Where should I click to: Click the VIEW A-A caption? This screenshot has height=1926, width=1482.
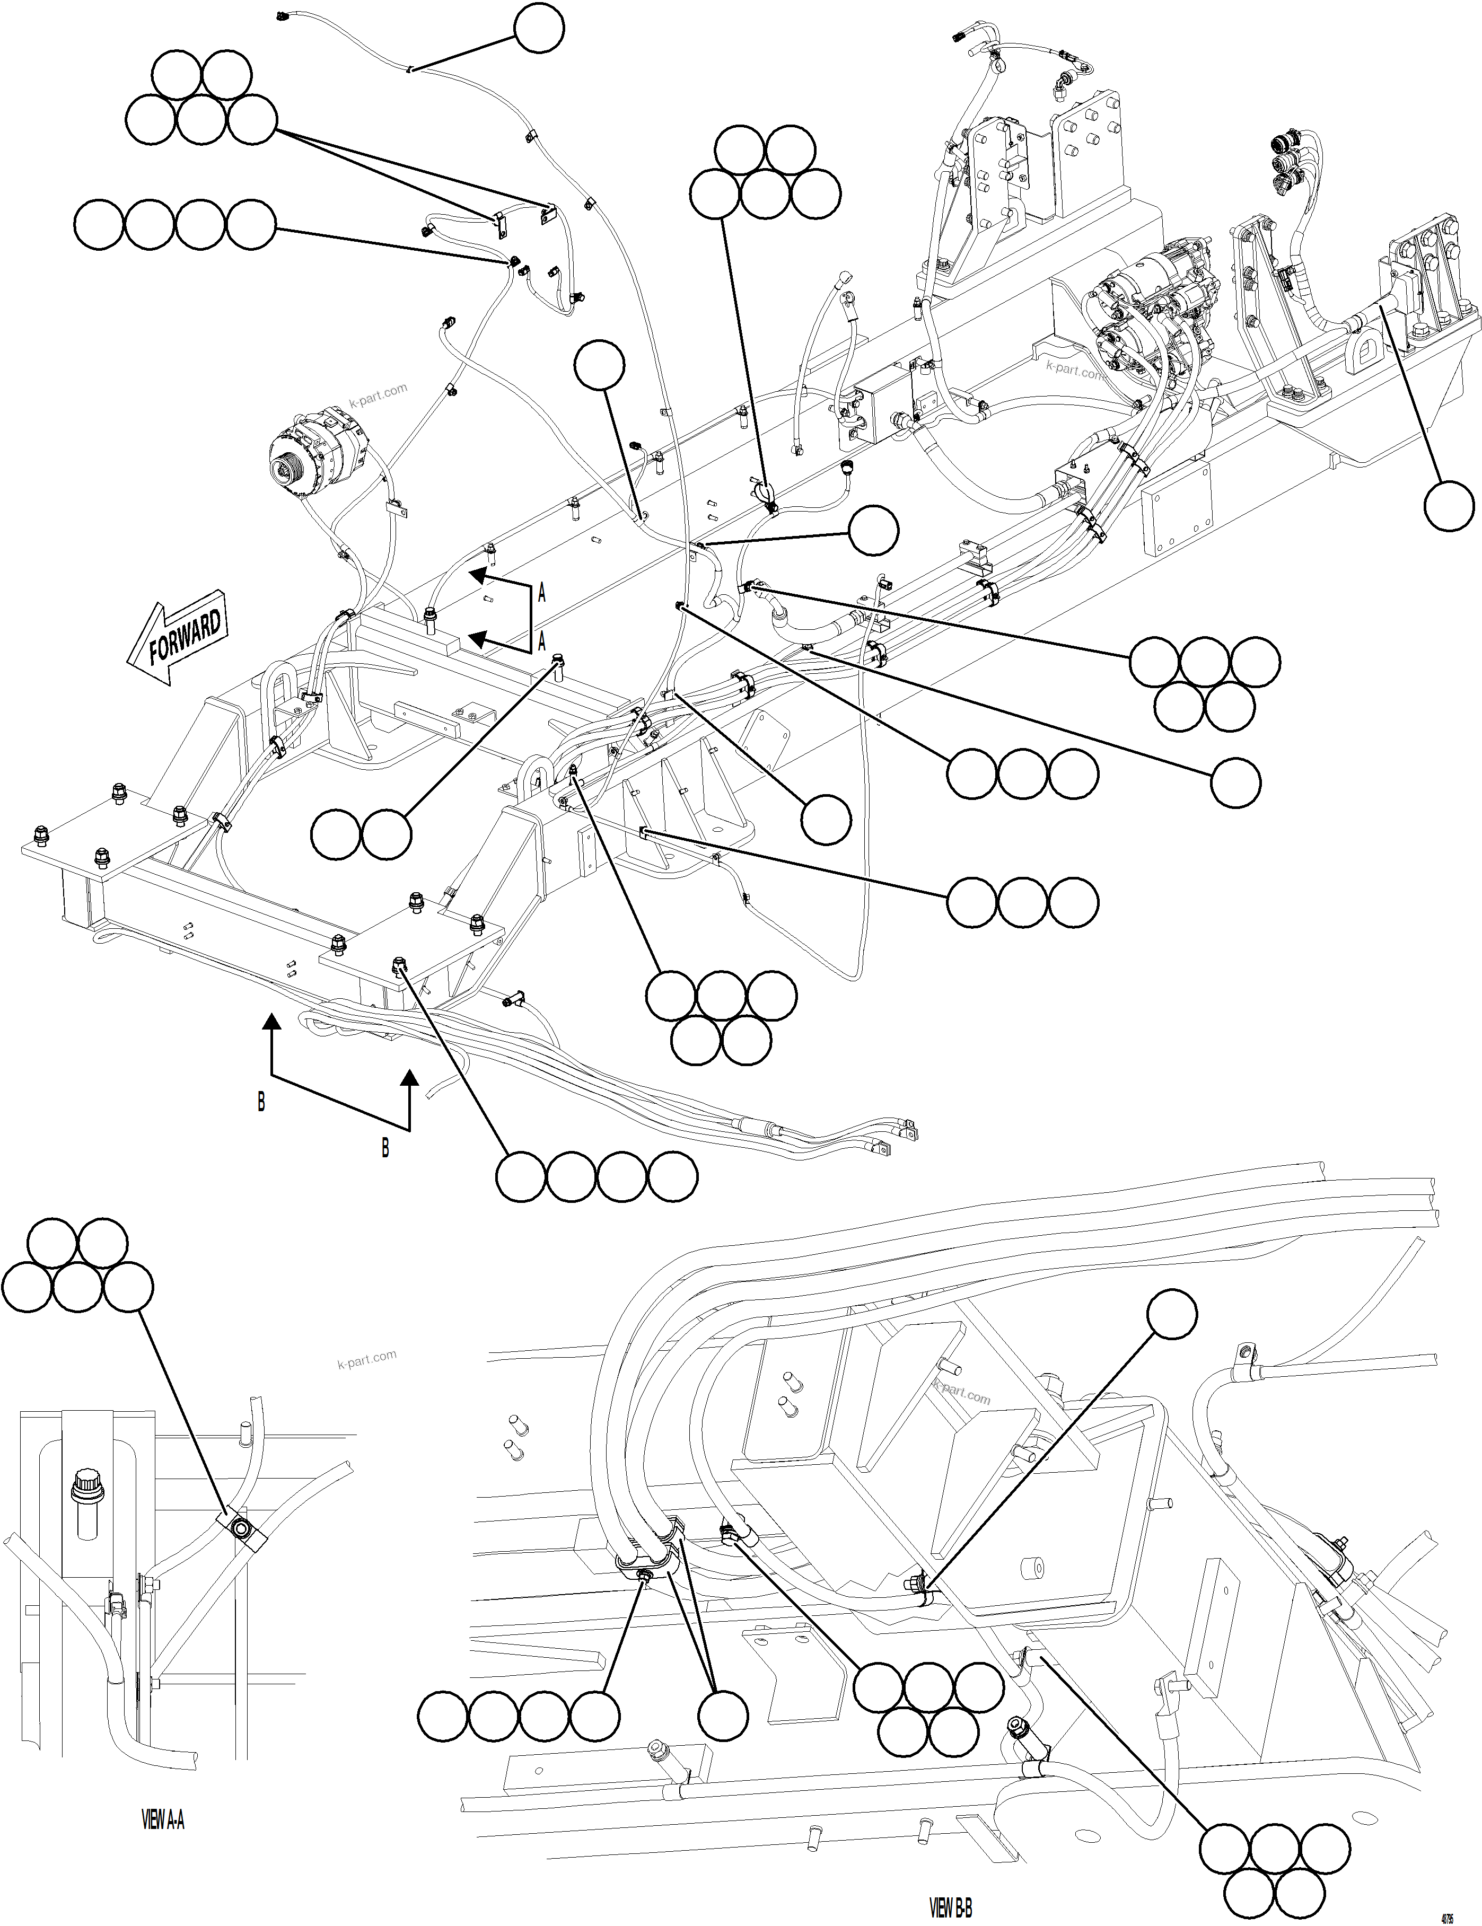click(163, 1819)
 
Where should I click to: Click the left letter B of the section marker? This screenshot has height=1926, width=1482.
click(261, 1102)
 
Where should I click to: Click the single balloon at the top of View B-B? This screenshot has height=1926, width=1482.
click(1172, 1315)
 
